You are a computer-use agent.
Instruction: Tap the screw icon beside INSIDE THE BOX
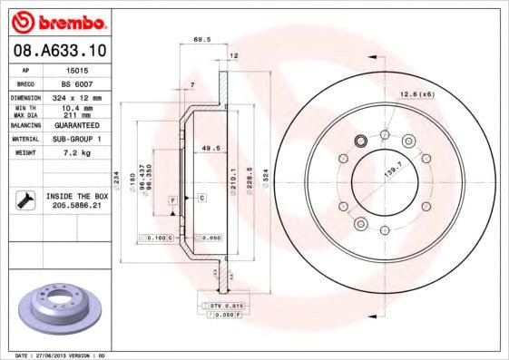[x=25, y=199]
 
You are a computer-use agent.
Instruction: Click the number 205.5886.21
[x=75, y=206]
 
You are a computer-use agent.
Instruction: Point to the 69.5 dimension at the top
[x=202, y=40]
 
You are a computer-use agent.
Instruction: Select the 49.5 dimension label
[x=211, y=147]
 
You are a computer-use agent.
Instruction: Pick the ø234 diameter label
[x=116, y=176]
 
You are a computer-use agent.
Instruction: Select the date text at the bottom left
[x=56, y=355]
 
